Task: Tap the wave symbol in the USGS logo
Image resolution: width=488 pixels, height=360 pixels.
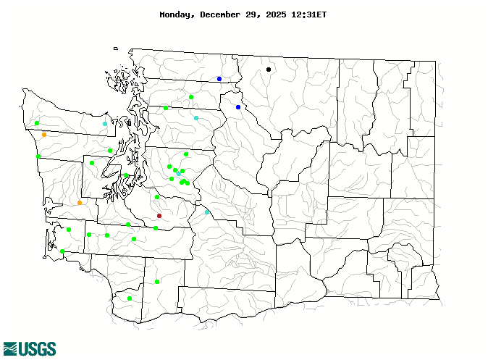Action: click(x=11, y=349)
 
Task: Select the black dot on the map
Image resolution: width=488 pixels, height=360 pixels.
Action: click(x=269, y=70)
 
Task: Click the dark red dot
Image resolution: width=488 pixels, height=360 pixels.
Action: click(x=159, y=216)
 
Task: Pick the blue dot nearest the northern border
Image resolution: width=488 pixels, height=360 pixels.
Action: click(x=219, y=79)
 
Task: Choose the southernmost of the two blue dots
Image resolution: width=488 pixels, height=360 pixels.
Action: click(x=238, y=107)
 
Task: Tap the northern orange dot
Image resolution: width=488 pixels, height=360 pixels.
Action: click(x=44, y=135)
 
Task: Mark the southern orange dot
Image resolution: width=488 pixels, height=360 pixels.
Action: click(x=80, y=203)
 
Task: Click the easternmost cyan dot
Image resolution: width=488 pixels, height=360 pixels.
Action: click(x=207, y=212)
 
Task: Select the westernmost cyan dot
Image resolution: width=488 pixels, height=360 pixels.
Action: click(x=105, y=124)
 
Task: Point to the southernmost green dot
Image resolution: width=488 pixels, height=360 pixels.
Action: click(x=130, y=298)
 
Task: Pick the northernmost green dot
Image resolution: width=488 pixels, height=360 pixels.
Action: click(x=191, y=97)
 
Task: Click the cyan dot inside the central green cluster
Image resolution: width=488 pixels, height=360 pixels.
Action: click(x=179, y=174)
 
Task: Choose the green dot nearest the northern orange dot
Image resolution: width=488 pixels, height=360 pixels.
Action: click(x=37, y=123)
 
